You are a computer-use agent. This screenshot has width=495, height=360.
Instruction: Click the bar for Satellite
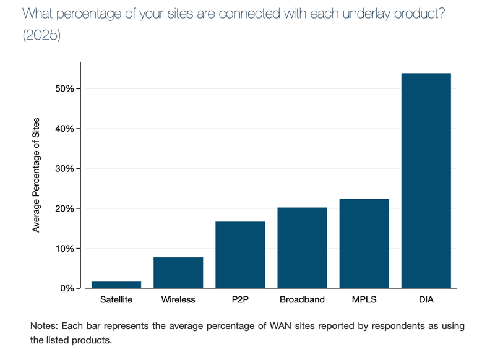point(116,285)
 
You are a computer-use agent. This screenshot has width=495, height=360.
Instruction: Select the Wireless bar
point(178,273)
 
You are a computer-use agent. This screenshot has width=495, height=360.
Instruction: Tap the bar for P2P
point(240,255)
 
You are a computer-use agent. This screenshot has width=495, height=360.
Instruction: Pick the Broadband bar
point(302,248)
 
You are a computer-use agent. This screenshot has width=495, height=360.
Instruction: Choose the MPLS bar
point(364,244)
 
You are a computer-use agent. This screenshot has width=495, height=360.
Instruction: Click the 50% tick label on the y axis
point(64,89)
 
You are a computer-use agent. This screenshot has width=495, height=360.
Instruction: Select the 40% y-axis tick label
point(64,129)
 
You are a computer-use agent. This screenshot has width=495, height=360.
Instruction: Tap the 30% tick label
point(64,169)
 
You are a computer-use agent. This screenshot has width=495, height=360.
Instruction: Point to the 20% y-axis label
point(64,208)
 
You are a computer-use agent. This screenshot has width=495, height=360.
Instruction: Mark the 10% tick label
point(64,249)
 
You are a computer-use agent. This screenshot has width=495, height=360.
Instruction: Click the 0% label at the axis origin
point(67,288)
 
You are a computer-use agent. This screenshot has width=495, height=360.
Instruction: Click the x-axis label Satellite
point(116,300)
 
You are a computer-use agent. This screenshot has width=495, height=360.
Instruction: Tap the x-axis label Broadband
point(302,300)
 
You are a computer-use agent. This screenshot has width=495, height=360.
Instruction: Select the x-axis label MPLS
point(364,300)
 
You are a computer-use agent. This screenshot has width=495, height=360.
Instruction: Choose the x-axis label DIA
point(426,300)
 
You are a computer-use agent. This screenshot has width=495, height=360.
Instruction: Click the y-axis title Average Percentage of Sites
point(36,175)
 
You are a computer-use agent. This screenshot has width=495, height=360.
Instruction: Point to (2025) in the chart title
point(41,35)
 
